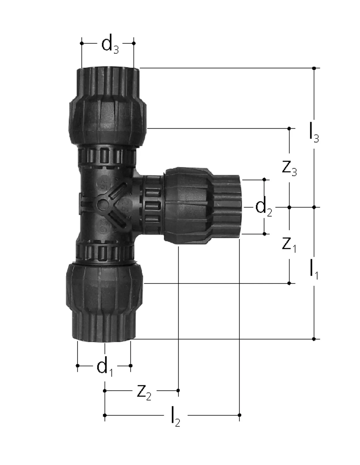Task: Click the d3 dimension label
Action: pyautogui.click(x=110, y=44)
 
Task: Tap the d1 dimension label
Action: pyautogui.click(x=105, y=366)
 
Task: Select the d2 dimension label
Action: pyautogui.click(x=264, y=207)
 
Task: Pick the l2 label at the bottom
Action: pyautogui.click(x=176, y=417)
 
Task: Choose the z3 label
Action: pyautogui.click(x=289, y=169)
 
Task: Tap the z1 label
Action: pyautogui.click(x=289, y=245)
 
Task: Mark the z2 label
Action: pyautogui.click(x=144, y=391)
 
